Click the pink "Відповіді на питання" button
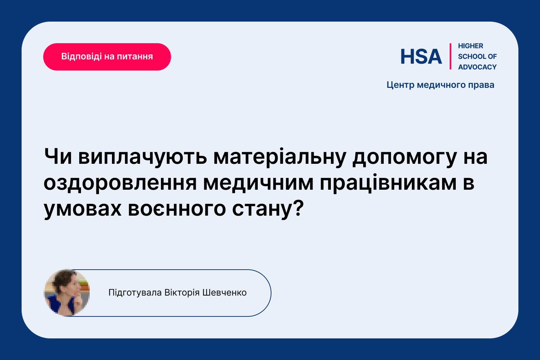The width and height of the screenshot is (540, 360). tap(107, 57)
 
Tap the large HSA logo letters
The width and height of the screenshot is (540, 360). tap(421, 57)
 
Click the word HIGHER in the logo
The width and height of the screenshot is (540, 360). tap(471, 46)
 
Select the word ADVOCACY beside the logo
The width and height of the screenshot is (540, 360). tap(477, 67)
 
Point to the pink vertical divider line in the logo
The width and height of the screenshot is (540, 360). tap(450, 57)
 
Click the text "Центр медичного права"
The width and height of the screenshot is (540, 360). tap(440, 85)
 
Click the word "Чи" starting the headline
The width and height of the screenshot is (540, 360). tap(58, 157)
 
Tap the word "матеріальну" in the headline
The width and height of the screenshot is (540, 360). tap(280, 158)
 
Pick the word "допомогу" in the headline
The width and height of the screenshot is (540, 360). tap(405, 158)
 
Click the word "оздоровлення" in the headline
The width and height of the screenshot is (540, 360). tap(120, 184)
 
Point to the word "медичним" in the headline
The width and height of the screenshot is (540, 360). tap(258, 184)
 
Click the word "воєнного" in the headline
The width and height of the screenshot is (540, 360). tap(177, 209)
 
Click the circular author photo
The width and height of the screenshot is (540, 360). tap(67, 293)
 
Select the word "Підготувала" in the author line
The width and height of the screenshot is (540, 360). tap(135, 293)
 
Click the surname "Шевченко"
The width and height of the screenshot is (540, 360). tap(224, 292)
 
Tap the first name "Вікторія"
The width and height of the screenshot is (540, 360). tap(182, 293)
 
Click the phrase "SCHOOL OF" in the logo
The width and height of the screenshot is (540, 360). tap(477, 57)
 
